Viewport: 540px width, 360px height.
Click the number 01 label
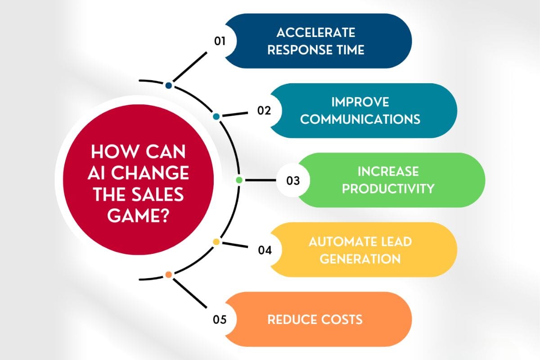[220, 41]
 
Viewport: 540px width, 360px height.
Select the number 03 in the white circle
[293, 181]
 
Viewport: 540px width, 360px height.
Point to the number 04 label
[265, 250]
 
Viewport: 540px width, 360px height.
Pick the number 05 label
[220, 319]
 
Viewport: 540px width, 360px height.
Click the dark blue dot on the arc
[168, 85]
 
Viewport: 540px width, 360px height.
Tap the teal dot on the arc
[216, 117]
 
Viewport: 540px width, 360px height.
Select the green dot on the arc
[239, 180]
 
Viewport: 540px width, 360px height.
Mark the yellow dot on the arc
[216, 242]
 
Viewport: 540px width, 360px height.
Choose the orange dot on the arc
[168, 274]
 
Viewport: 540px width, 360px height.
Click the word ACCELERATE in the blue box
[316, 33]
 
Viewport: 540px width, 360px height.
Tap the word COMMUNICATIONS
[360, 119]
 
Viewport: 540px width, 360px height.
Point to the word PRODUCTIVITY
[388, 188]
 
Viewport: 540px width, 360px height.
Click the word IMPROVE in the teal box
[360, 102]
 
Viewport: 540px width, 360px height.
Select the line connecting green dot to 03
[259, 180]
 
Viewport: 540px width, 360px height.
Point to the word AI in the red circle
[100, 174]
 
